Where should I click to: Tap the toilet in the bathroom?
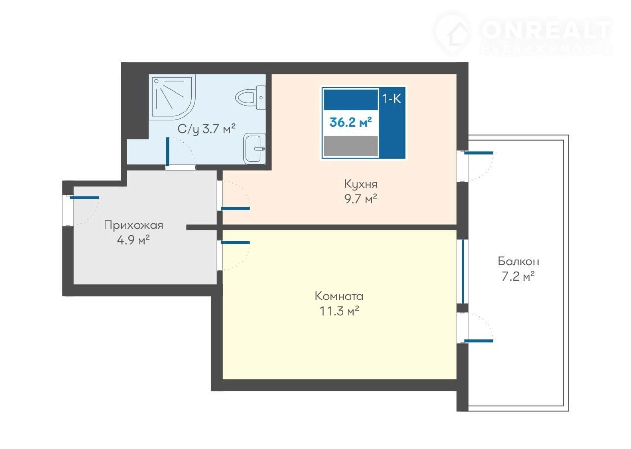point(250,98)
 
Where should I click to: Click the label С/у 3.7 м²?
point(207,129)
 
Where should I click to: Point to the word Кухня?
point(360,185)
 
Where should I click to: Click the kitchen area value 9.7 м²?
point(360,199)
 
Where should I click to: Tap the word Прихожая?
point(134,225)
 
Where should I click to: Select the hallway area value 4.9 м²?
point(134,241)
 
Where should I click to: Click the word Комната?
point(339,297)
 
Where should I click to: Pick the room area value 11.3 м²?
point(339,311)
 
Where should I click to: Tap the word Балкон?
point(519,262)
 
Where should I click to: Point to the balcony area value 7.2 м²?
point(518,277)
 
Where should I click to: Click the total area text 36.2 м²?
point(351,123)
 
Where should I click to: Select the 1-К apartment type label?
point(391,99)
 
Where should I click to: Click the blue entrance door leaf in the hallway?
point(84,198)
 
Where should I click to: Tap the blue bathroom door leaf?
point(168,151)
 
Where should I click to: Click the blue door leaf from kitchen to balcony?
point(479,153)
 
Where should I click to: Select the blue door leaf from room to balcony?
point(479,341)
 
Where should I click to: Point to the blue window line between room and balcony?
point(463,271)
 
